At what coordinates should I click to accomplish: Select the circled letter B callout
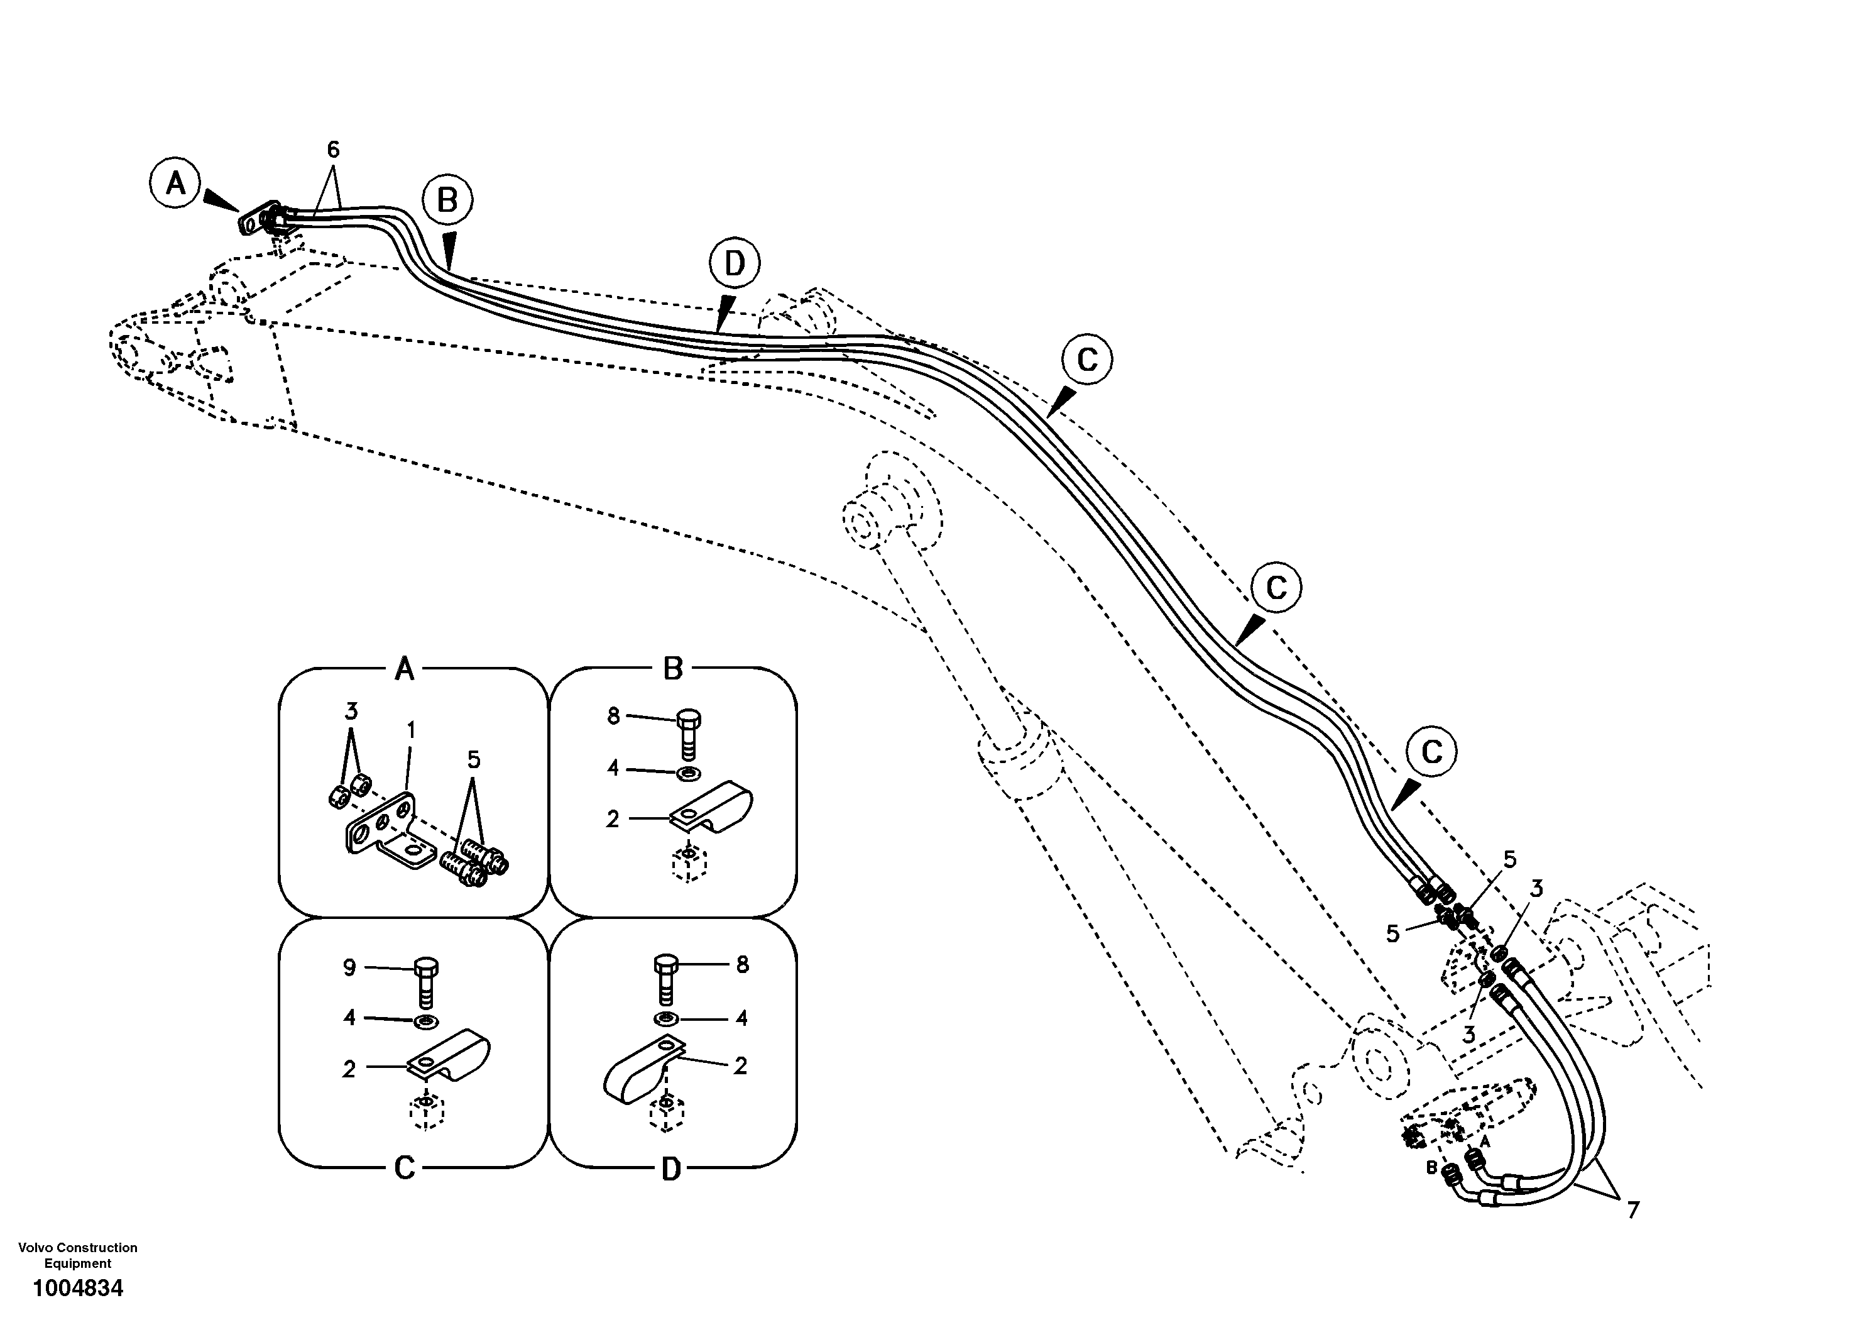coord(447,200)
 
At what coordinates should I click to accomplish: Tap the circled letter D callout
coord(734,263)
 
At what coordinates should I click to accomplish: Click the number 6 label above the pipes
coord(333,150)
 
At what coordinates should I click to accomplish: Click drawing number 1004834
coord(78,1288)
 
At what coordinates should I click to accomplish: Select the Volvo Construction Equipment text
coord(78,1255)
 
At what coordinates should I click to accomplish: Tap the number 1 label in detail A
coord(412,730)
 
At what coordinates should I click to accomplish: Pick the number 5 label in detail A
coord(473,759)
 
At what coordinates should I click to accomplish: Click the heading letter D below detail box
coord(670,1170)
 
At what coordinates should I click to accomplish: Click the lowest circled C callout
coord(1431,751)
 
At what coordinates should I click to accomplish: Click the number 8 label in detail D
coord(742,965)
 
